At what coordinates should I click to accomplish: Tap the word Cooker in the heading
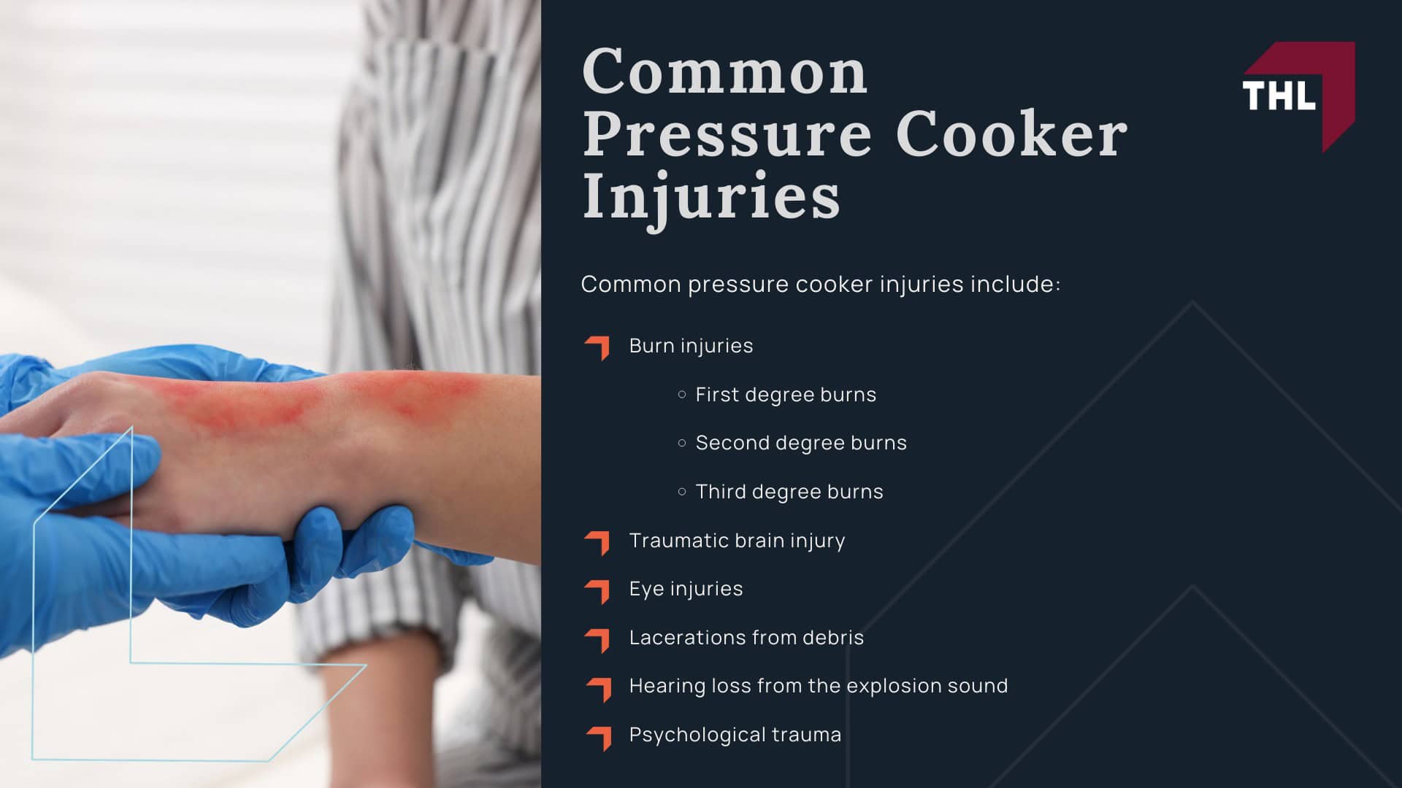pyautogui.click(x=1011, y=134)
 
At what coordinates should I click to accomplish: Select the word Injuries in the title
pyautogui.click(x=711, y=196)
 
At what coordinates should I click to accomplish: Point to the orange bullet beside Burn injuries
pyautogui.click(x=597, y=347)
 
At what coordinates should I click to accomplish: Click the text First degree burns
pyautogui.click(x=786, y=395)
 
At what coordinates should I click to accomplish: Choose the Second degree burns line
pyautogui.click(x=801, y=443)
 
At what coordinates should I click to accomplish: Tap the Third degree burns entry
pyautogui.click(x=789, y=492)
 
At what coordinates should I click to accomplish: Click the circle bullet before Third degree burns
pyautogui.click(x=682, y=492)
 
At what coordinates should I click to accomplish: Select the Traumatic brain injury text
pyautogui.click(x=737, y=541)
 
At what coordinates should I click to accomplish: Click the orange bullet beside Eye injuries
pyautogui.click(x=597, y=590)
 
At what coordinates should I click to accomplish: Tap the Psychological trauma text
pyautogui.click(x=735, y=735)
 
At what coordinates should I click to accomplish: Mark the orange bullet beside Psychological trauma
pyautogui.click(x=598, y=737)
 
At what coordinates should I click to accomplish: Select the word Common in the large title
pyautogui.click(x=725, y=72)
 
